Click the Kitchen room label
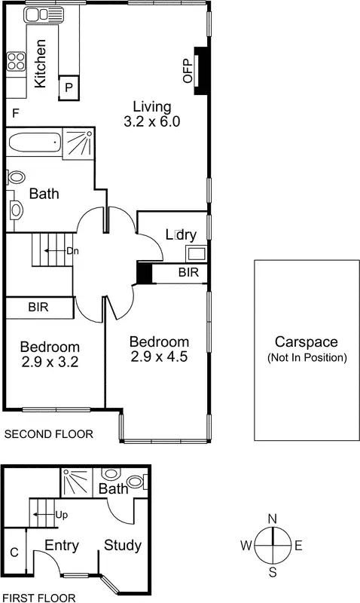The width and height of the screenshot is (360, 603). [x=42, y=63]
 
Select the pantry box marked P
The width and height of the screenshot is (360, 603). [x=69, y=87]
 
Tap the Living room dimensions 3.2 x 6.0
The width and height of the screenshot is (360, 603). [x=151, y=121]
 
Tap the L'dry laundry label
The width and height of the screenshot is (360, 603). [x=180, y=235]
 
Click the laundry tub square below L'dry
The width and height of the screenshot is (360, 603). [x=197, y=253]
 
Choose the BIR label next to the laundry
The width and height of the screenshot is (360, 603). [x=189, y=273]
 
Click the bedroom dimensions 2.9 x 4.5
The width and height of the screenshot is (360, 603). [x=157, y=356]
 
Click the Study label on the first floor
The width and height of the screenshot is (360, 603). [x=123, y=545]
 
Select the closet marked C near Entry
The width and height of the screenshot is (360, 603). [x=14, y=552]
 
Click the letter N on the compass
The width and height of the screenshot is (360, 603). [x=273, y=518]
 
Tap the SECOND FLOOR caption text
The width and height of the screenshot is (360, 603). [x=49, y=434]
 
